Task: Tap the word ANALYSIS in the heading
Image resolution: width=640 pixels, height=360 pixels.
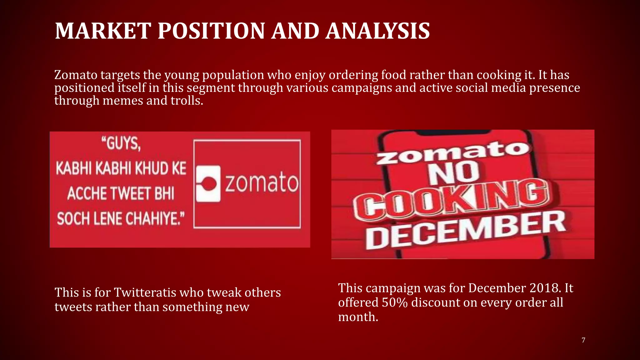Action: [377, 31]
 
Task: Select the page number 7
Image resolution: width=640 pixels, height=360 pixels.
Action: [583, 340]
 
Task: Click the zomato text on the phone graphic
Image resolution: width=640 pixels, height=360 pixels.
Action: [453, 152]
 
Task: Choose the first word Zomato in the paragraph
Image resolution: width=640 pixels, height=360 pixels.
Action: [76, 75]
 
